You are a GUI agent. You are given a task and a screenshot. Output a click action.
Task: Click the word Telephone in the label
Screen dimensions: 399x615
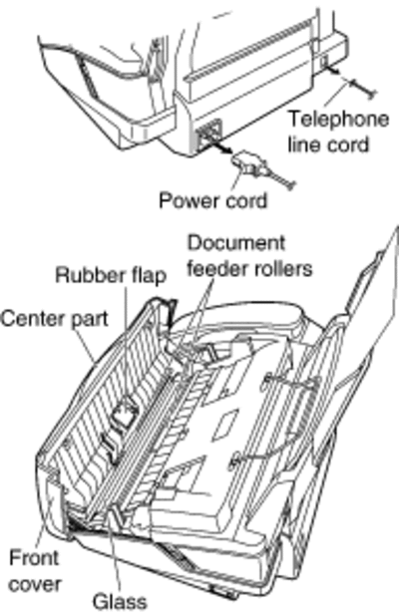coord(338,120)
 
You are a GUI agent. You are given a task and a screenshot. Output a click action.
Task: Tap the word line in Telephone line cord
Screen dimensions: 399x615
coord(303,144)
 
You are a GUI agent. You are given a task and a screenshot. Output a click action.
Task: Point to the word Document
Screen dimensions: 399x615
coord(236,243)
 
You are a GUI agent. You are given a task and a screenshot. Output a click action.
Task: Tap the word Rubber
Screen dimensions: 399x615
coord(89,275)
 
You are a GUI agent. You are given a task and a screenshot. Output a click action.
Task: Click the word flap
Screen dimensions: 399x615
coord(148,276)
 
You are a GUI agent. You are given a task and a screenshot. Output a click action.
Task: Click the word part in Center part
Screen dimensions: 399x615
coord(90,319)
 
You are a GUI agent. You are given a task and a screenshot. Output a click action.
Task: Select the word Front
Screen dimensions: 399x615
coord(34,557)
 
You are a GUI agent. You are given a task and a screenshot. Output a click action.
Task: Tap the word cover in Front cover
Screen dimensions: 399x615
coord(35,584)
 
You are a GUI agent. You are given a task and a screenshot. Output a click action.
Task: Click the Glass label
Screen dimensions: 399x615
coord(120,601)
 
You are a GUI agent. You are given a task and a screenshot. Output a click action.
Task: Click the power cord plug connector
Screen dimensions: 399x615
coord(248,163)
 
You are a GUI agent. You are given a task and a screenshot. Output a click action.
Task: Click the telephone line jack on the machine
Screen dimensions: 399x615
coord(324,62)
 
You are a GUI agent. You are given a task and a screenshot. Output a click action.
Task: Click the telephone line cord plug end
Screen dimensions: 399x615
coord(362,89)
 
